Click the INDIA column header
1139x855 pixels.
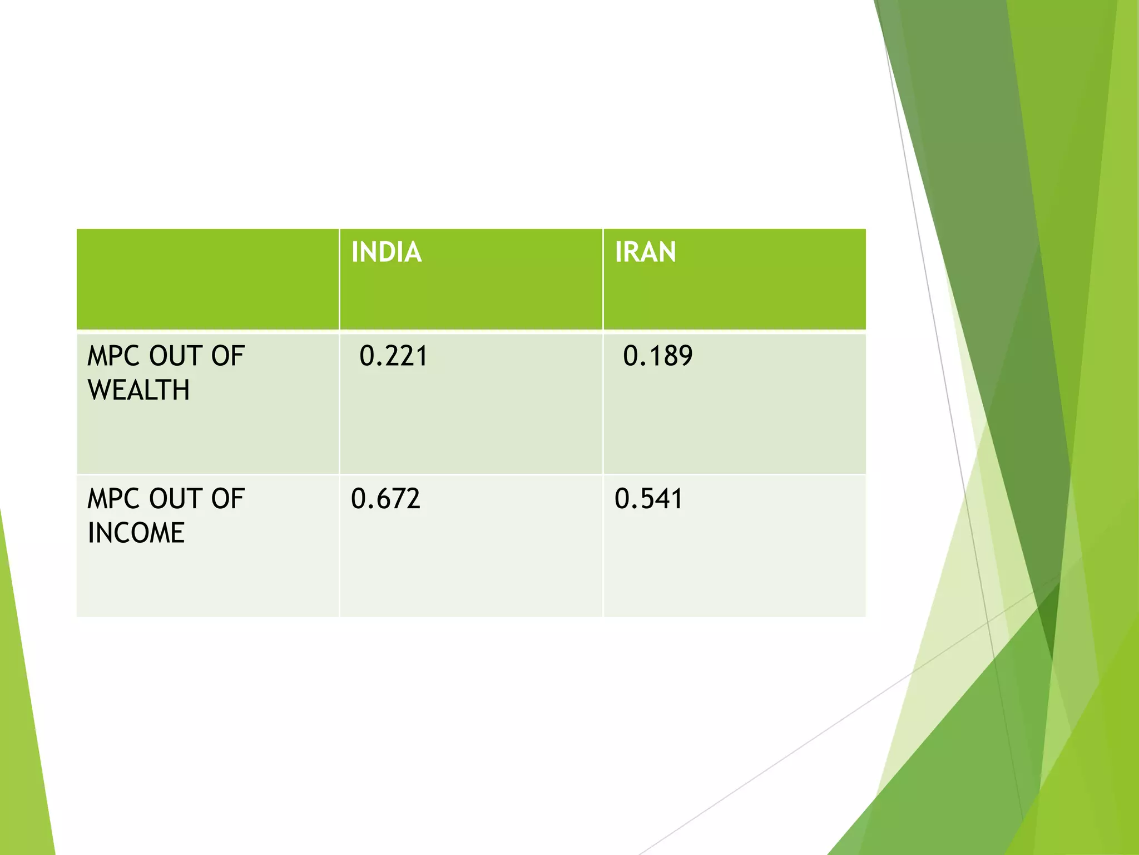(x=387, y=252)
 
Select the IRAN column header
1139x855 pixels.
(x=645, y=252)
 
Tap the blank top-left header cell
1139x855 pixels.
(x=207, y=279)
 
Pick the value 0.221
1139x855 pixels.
(x=393, y=356)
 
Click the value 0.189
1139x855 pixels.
(x=657, y=356)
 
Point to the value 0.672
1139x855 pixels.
(x=385, y=499)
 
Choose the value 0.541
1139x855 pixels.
(x=648, y=499)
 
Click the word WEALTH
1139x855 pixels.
(x=138, y=390)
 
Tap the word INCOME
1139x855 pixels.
(x=136, y=533)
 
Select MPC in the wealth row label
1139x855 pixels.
(x=113, y=356)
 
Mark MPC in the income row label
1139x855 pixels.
(x=113, y=499)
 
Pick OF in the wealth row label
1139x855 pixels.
(x=228, y=356)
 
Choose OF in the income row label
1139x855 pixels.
(x=228, y=499)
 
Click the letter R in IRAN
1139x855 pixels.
(x=633, y=252)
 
